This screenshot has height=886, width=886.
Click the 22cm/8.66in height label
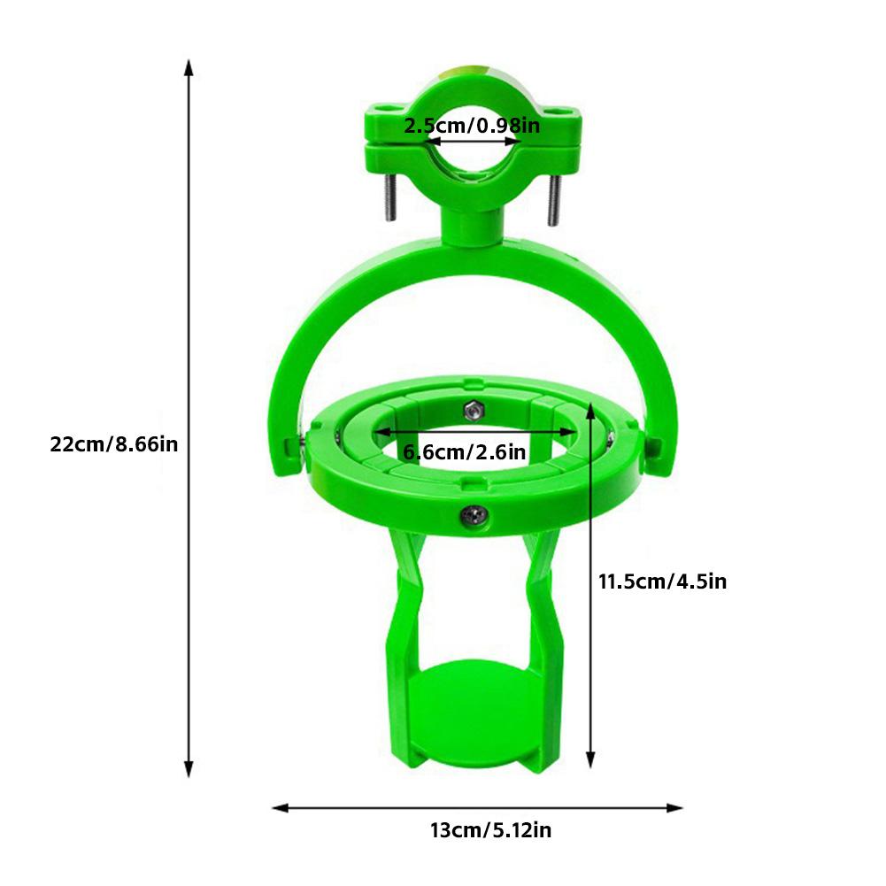[x=114, y=444]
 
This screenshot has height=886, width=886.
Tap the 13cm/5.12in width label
[x=490, y=830]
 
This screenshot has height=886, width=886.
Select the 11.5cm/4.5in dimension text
[x=662, y=582]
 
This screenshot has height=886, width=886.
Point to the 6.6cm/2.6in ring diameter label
[x=464, y=452]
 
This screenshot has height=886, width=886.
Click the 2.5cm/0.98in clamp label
[x=471, y=126]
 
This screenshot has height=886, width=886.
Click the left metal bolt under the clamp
[x=388, y=200]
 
